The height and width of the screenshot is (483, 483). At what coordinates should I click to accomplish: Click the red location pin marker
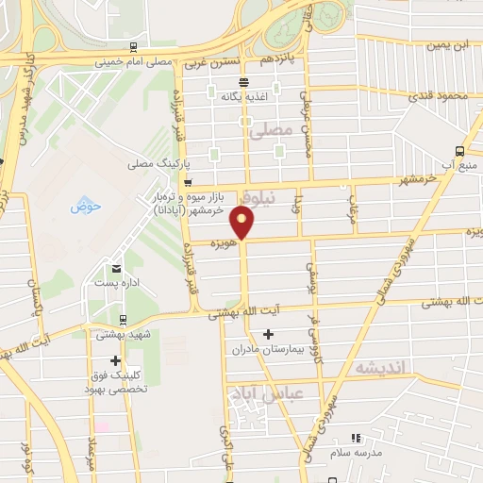[243, 223]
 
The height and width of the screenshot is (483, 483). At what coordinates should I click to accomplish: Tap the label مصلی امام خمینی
[152, 63]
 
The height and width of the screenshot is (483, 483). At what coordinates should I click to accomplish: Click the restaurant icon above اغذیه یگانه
[243, 81]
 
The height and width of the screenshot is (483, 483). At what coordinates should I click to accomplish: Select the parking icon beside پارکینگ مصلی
[188, 181]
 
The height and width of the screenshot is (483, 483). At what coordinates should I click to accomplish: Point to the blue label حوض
[85, 208]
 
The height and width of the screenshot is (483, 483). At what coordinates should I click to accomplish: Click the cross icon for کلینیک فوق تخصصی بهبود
[116, 360]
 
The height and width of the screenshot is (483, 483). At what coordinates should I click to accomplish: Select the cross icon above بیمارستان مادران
[269, 334]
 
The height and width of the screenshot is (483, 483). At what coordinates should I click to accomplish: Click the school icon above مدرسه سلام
[355, 438]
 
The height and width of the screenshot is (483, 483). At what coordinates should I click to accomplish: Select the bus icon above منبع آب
[459, 150]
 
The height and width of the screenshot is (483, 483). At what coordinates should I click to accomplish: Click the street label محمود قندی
[440, 95]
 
